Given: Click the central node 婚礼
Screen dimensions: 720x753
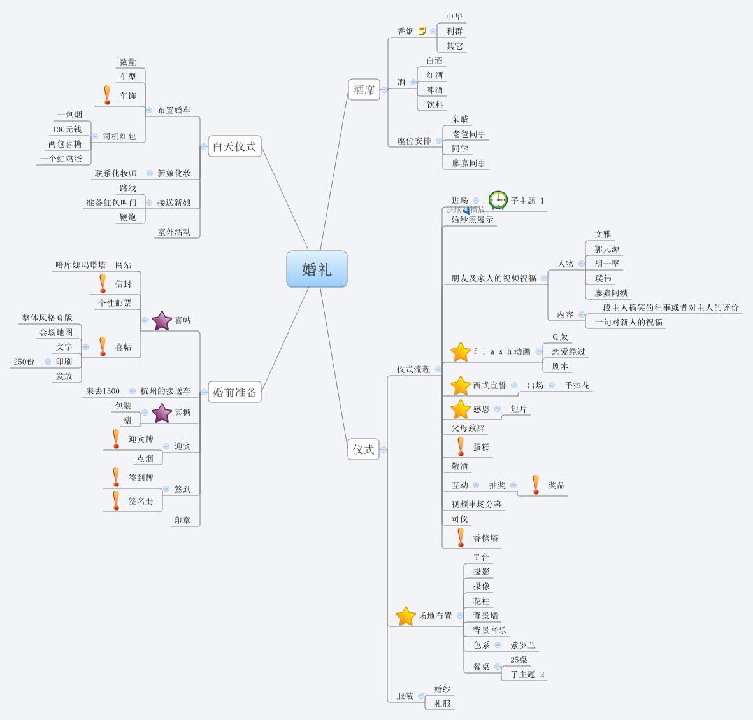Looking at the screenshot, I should point(317,269).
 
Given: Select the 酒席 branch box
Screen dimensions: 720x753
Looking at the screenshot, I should point(364,90).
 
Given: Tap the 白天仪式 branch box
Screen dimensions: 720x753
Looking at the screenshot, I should point(234,146).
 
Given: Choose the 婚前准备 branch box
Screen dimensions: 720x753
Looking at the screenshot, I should point(234,392).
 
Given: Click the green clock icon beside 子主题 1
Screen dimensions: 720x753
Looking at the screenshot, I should point(498,200).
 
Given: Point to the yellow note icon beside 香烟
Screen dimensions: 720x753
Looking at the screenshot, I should point(422,31).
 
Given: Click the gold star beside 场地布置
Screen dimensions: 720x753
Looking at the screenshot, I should point(406,616).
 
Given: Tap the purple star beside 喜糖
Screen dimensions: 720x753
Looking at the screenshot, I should point(162,413).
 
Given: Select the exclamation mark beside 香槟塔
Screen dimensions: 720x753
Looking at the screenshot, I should point(461,537).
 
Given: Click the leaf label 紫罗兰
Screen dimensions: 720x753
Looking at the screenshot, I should point(523,645).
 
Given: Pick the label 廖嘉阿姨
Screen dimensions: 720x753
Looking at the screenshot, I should point(612,293).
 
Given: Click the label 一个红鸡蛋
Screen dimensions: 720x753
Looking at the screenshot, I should point(61,159).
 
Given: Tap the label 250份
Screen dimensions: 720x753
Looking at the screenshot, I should point(24,362).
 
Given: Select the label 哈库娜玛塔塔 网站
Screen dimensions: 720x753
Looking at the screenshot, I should point(93,265).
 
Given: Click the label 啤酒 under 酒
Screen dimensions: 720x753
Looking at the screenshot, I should point(434,90).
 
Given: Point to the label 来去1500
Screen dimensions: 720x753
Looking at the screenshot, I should point(103,391).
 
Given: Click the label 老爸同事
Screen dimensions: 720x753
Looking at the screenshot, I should point(469,134).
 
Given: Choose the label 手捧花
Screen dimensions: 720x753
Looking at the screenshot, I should point(577,385).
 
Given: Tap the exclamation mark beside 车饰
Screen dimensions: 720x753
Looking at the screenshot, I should point(106,95).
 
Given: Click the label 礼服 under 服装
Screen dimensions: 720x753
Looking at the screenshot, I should point(443,703).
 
